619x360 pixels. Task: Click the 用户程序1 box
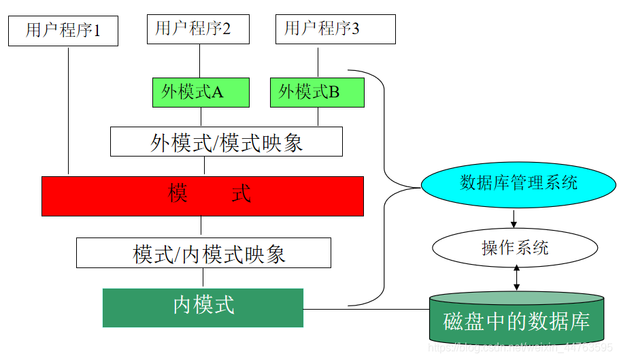[63, 31]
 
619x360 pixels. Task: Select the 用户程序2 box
[198, 29]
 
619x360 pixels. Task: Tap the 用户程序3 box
[335, 29]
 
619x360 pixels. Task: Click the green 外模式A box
[201, 93]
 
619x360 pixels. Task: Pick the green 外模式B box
[317, 93]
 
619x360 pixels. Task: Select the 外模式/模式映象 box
[227, 142]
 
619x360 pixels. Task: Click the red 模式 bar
[203, 196]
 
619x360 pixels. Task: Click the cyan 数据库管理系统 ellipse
[518, 184]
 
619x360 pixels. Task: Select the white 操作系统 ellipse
[515, 248]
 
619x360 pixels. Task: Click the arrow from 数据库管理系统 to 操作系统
[514, 218]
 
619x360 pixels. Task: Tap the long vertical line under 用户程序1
[69, 109]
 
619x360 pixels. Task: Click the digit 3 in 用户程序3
[356, 29]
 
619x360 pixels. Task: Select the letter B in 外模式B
[334, 93]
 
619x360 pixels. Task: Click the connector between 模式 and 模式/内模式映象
[201, 227]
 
